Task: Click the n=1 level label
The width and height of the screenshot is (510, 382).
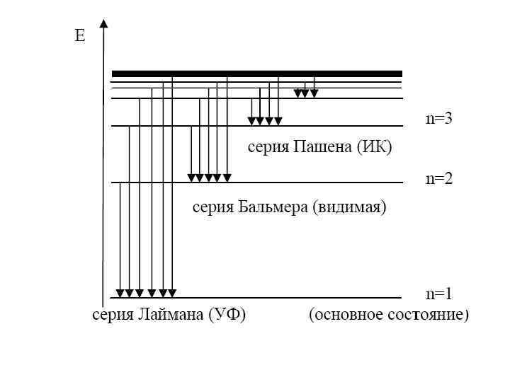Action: tap(438, 294)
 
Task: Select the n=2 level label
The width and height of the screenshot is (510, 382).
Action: tap(438, 178)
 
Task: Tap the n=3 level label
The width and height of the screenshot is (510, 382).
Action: tap(438, 119)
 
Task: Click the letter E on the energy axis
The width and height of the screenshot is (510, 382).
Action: tap(80, 36)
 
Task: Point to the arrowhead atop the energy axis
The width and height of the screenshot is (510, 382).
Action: tap(104, 24)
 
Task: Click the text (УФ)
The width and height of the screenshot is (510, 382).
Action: tap(227, 315)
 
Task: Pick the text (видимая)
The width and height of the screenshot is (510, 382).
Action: tap(348, 207)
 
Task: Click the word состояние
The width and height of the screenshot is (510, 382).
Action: tap(429, 315)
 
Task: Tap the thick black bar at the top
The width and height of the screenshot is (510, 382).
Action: tap(257, 73)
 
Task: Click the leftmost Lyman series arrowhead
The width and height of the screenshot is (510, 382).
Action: tap(120, 293)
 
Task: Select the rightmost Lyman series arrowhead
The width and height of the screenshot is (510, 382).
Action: tap(172, 293)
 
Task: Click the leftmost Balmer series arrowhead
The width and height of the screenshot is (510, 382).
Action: tap(191, 178)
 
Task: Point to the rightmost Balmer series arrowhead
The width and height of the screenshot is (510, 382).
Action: tap(227, 178)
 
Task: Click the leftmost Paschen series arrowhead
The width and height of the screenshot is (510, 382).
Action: tap(251, 121)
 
